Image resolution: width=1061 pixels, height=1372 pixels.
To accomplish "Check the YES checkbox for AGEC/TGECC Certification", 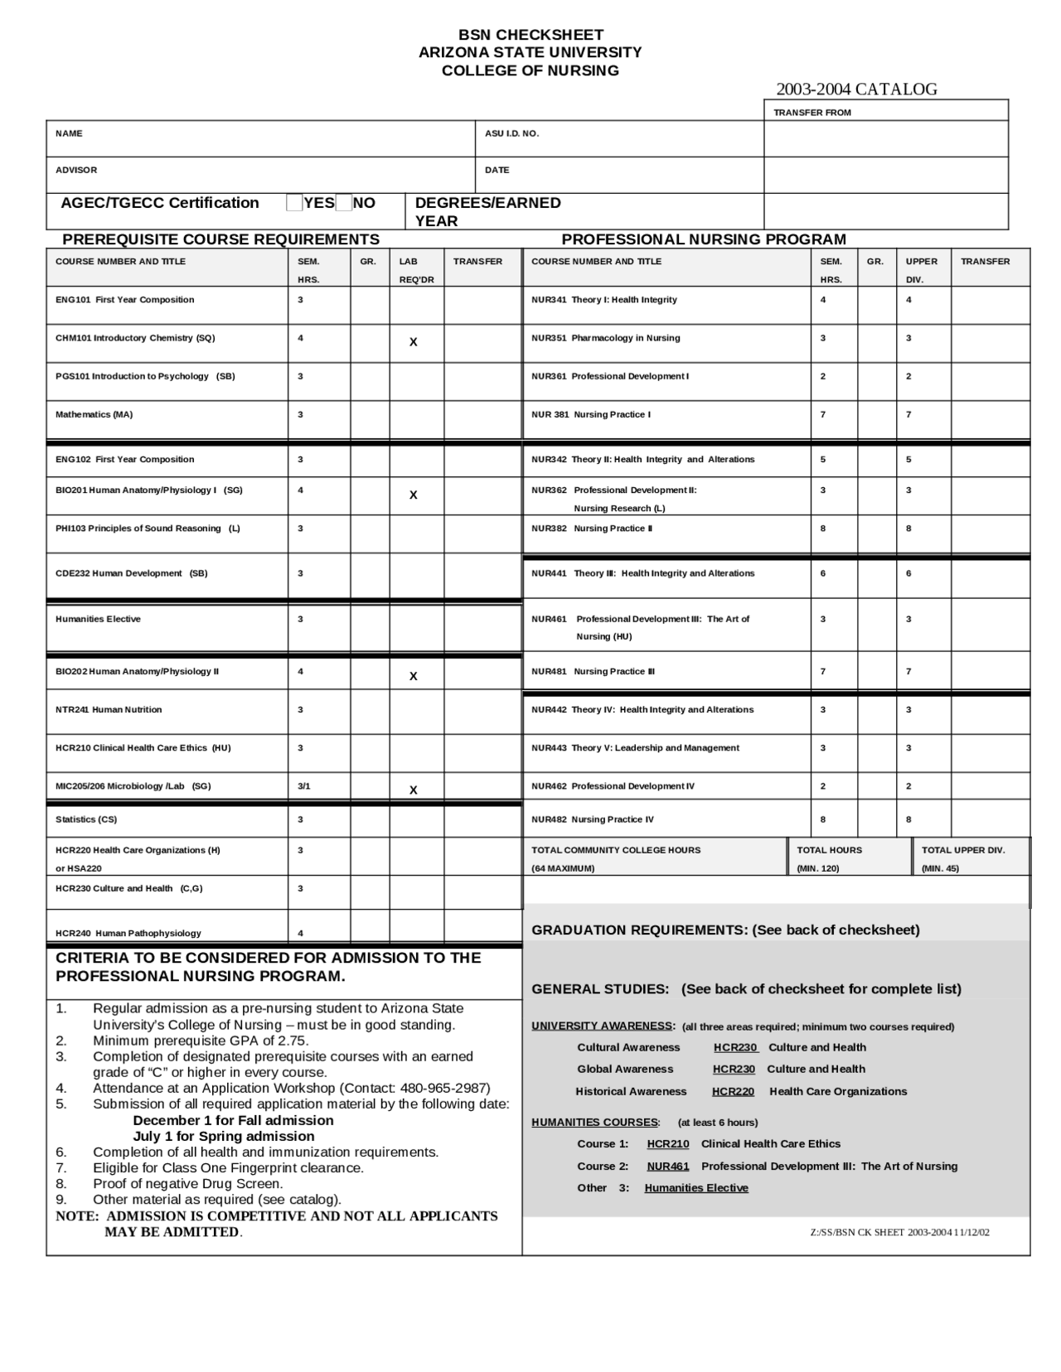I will [x=294, y=203].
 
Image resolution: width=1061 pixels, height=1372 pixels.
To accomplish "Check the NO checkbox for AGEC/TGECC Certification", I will [x=344, y=203].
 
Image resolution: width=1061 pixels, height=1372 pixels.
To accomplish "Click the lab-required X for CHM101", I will [x=413, y=342].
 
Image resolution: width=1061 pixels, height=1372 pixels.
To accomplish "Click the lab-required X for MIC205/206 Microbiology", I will [x=413, y=790].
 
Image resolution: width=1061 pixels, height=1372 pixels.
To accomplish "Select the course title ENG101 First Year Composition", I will [x=124, y=300].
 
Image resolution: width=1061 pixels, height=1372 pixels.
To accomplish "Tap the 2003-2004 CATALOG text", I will [x=856, y=89].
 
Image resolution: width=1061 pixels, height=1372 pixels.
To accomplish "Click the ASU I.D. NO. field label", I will [x=511, y=133].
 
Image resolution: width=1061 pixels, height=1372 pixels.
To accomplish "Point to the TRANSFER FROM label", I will [x=811, y=113].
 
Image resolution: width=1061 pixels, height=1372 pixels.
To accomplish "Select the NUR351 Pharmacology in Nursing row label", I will [x=605, y=338].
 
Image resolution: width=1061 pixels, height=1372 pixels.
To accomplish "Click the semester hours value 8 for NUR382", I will [x=823, y=529].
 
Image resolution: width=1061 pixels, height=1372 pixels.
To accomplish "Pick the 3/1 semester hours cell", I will [x=303, y=786].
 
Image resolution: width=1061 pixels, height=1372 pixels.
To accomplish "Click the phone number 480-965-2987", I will [x=445, y=1088].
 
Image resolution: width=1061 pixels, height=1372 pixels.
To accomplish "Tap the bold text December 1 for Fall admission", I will [x=233, y=1120].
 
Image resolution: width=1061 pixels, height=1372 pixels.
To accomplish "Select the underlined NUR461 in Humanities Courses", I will [x=667, y=1166].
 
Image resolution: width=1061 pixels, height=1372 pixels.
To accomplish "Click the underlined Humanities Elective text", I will [x=695, y=1188].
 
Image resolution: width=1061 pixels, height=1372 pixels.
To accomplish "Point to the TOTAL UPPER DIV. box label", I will [x=962, y=850].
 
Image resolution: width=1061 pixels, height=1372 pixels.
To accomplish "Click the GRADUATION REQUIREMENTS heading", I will [x=725, y=930].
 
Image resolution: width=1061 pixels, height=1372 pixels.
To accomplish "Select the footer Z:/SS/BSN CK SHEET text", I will [x=899, y=1232].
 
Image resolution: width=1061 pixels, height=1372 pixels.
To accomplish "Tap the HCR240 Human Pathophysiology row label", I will [x=128, y=933].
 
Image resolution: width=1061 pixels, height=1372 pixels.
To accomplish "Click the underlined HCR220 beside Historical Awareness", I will [x=733, y=1091].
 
